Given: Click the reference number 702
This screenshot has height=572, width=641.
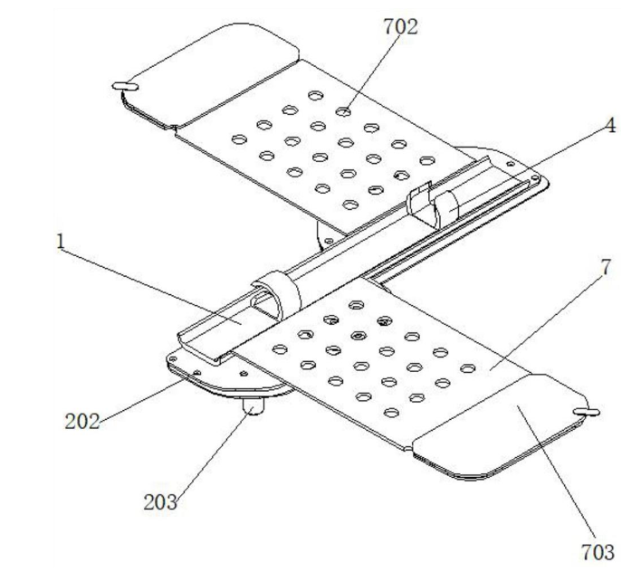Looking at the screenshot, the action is (x=400, y=27).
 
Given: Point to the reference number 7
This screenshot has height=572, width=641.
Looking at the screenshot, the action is (x=605, y=270).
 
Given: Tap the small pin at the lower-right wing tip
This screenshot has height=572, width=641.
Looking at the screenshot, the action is (x=588, y=411).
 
